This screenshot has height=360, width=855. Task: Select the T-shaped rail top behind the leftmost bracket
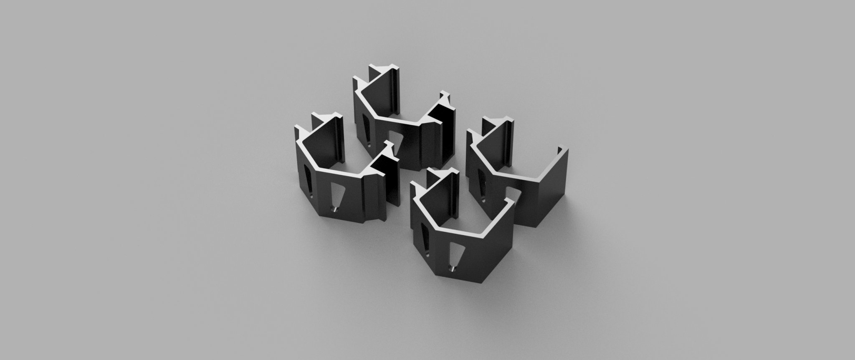pos(326,117)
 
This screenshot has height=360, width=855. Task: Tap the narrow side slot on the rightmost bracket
pos(481,186)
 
